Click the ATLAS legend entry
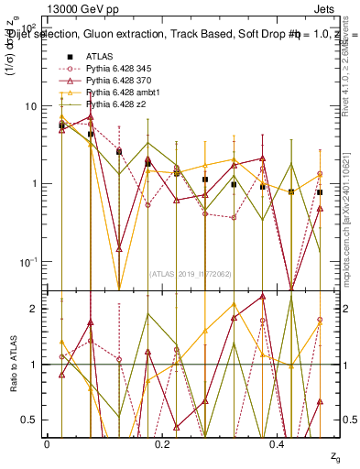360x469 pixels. click(x=99, y=57)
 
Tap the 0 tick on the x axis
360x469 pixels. click(x=47, y=443)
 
